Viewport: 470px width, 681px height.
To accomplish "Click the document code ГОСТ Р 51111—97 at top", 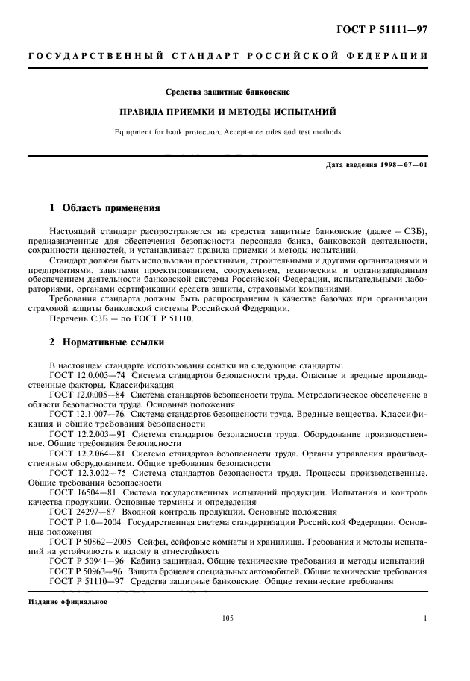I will (x=380, y=31).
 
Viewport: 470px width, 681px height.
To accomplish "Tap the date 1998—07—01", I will (x=405, y=164).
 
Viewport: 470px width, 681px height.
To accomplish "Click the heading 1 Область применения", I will (x=104, y=207).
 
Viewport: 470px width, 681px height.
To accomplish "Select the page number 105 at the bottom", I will (x=228, y=618).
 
